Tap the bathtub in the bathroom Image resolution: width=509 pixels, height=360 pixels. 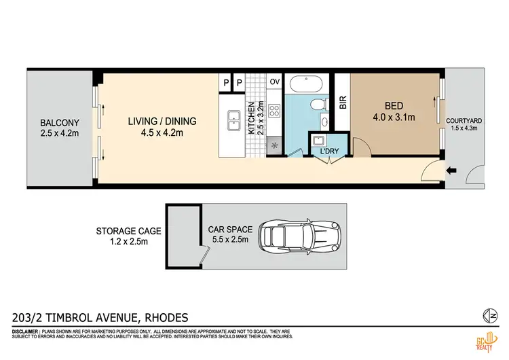pos(305,86)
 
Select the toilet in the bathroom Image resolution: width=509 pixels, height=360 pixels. pos(316,104)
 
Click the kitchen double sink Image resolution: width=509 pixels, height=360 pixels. pos(233,122)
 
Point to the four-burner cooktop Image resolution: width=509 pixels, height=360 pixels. pos(275,111)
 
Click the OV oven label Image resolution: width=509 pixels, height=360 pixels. pos(275,82)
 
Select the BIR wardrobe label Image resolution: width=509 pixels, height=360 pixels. pos(343,103)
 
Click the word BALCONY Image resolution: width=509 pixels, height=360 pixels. pos(59,123)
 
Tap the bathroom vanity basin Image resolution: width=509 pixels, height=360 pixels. pos(325,122)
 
